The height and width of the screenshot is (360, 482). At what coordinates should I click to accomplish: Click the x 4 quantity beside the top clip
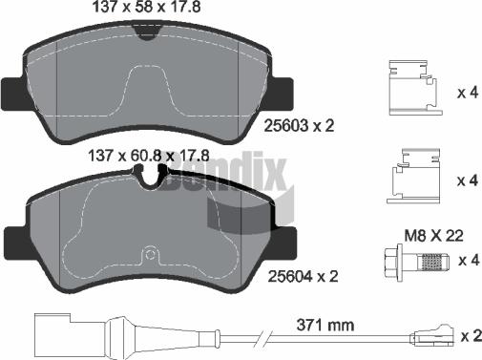[467, 94]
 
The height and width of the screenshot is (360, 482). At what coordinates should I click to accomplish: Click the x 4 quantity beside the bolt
[467, 261]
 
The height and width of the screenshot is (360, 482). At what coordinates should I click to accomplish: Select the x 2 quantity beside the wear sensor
[467, 336]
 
